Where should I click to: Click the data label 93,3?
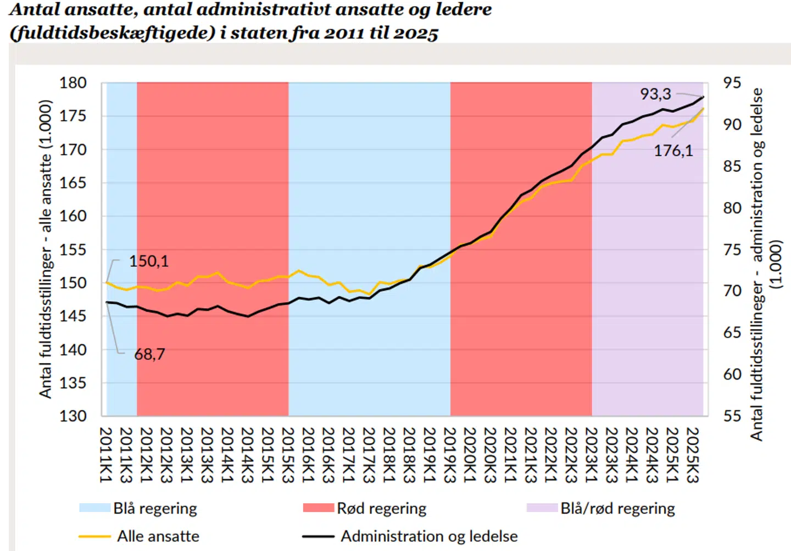pyautogui.click(x=655, y=94)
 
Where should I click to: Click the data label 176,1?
pyautogui.click(x=673, y=151)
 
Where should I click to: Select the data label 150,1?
pyautogui.click(x=149, y=261)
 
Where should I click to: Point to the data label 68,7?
pyautogui.click(x=149, y=354)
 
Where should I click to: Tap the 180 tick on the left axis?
pyautogui.click(x=73, y=83)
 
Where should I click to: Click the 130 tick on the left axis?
pyautogui.click(x=73, y=416)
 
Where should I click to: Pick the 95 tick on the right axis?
pyautogui.click(x=732, y=83)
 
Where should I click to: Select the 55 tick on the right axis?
pyautogui.click(x=732, y=416)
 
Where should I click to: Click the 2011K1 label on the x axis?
pyautogui.click(x=105, y=455)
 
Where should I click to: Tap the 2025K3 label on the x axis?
pyautogui.click(x=692, y=455)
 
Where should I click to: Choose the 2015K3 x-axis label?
pyautogui.click(x=287, y=455)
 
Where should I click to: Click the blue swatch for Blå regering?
pyautogui.click(x=94, y=508)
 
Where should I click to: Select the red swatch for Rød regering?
pyautogui.click(x=318, y=508)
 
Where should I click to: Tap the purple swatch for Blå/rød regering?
pyautogui.click(x=542, y=508)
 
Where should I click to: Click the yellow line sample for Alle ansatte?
pyautogui.click(x=94, y=536)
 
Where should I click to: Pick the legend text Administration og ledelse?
pyautogui.click(x=429, y=536)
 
